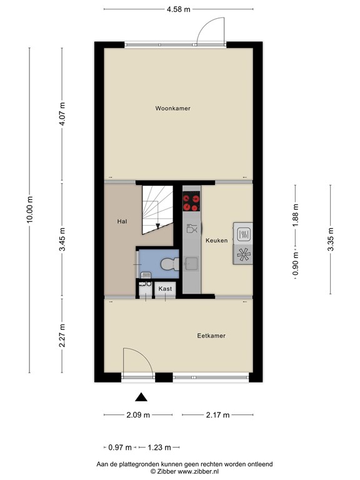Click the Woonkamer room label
click(x=172, y=108)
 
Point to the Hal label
click(x=122, y=221)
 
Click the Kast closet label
click(x=165, y=289)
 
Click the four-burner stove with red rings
click(x=191, y=202)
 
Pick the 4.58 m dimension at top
click(x=179, y=9)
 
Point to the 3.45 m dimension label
click(x=61, y=240)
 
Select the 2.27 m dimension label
click(x=61, y=336)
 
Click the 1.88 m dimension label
click(x=296, y=216)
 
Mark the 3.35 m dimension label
click(x=330, y=239)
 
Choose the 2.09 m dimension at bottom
click(x=137, y=415)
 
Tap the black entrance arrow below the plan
click(x=142, y=396)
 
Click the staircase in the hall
click(x=156, y=209)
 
